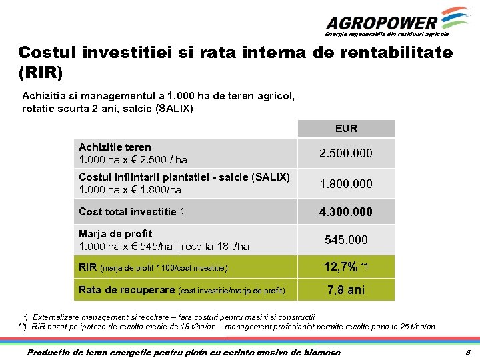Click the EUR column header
[346, 128]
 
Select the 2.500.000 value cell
[346, 153]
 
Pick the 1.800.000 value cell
[346, 183]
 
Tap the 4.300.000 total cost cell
[346, 212]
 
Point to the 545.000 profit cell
[346, 239]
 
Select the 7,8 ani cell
[346, 290]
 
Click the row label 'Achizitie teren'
[115, 147]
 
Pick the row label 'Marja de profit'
[115, 234]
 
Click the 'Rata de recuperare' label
[127, 290]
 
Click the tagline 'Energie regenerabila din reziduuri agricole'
[387, 33]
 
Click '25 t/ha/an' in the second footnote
[413, 327]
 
